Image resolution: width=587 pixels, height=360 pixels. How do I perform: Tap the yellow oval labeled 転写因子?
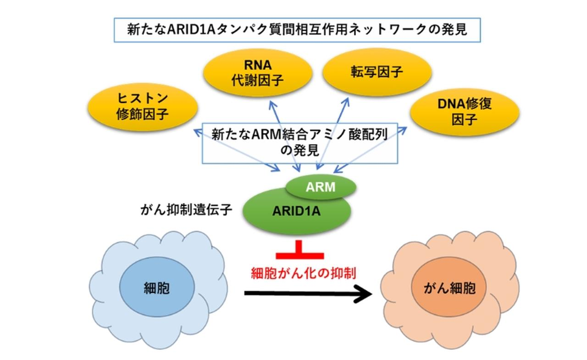pos(377,72)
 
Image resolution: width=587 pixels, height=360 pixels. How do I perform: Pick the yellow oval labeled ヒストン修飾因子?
pos(143,107)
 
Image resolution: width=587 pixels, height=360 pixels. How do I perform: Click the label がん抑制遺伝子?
pos(187,210)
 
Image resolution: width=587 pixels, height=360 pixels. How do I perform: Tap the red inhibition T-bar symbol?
pos(300,251)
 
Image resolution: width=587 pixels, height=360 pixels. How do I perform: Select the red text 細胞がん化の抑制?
pos(304,272)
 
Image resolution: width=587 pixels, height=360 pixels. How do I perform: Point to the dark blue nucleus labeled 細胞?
pos(156,288)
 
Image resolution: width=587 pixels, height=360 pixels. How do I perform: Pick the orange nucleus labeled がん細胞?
pos(450,288)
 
